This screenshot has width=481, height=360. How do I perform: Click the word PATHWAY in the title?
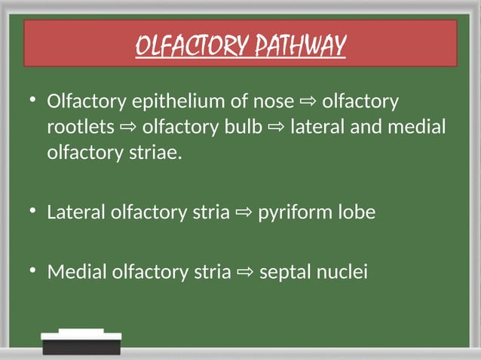(x=303, y=47)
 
